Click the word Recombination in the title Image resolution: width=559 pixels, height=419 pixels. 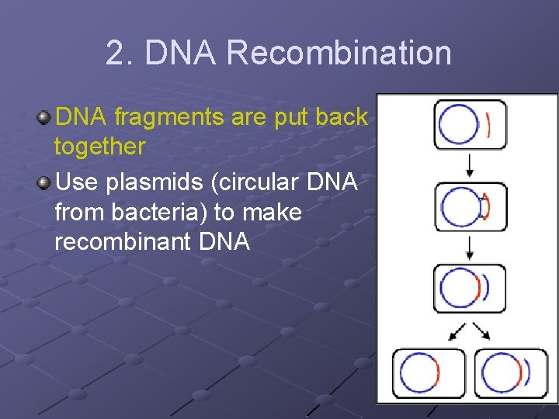click(x=339, y=54)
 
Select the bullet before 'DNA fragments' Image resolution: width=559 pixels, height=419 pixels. click(x=44, y=118)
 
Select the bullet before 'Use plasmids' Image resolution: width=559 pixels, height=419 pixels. click(x=44, y=183)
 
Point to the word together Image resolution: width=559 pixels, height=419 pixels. click(x=99, y=146)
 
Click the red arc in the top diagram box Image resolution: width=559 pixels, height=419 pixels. click(x=488, y=125)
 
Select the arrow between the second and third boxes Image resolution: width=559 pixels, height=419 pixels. click(x=470, y=248)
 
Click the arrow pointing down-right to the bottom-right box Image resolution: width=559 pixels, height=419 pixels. click(x=483, y=331)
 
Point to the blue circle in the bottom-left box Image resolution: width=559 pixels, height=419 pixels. click(x=418, y=374)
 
